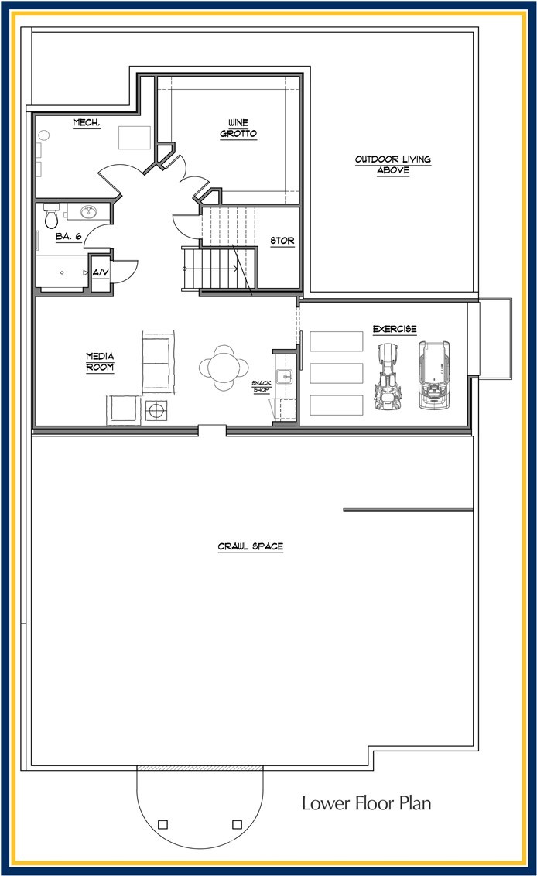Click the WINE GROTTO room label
(238, 128)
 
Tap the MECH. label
(87, 122)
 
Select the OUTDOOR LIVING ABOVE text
(393, 164)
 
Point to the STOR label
(282, 240)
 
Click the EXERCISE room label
(395, 328)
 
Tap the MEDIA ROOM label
(100, 361)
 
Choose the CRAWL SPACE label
(251, 546)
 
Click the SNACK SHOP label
(262, 386)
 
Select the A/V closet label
(101, 272)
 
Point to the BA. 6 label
(69, 236)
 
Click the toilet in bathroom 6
(51, 215)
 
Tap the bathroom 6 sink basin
(88, 212)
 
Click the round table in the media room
(224, 367)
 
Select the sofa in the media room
(158, 362)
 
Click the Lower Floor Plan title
(367, 803)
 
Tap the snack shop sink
(285, 376)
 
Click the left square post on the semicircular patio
(162, 824)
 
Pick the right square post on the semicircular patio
(237, 824)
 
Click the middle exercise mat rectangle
(337, 373)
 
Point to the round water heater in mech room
(43, 135)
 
